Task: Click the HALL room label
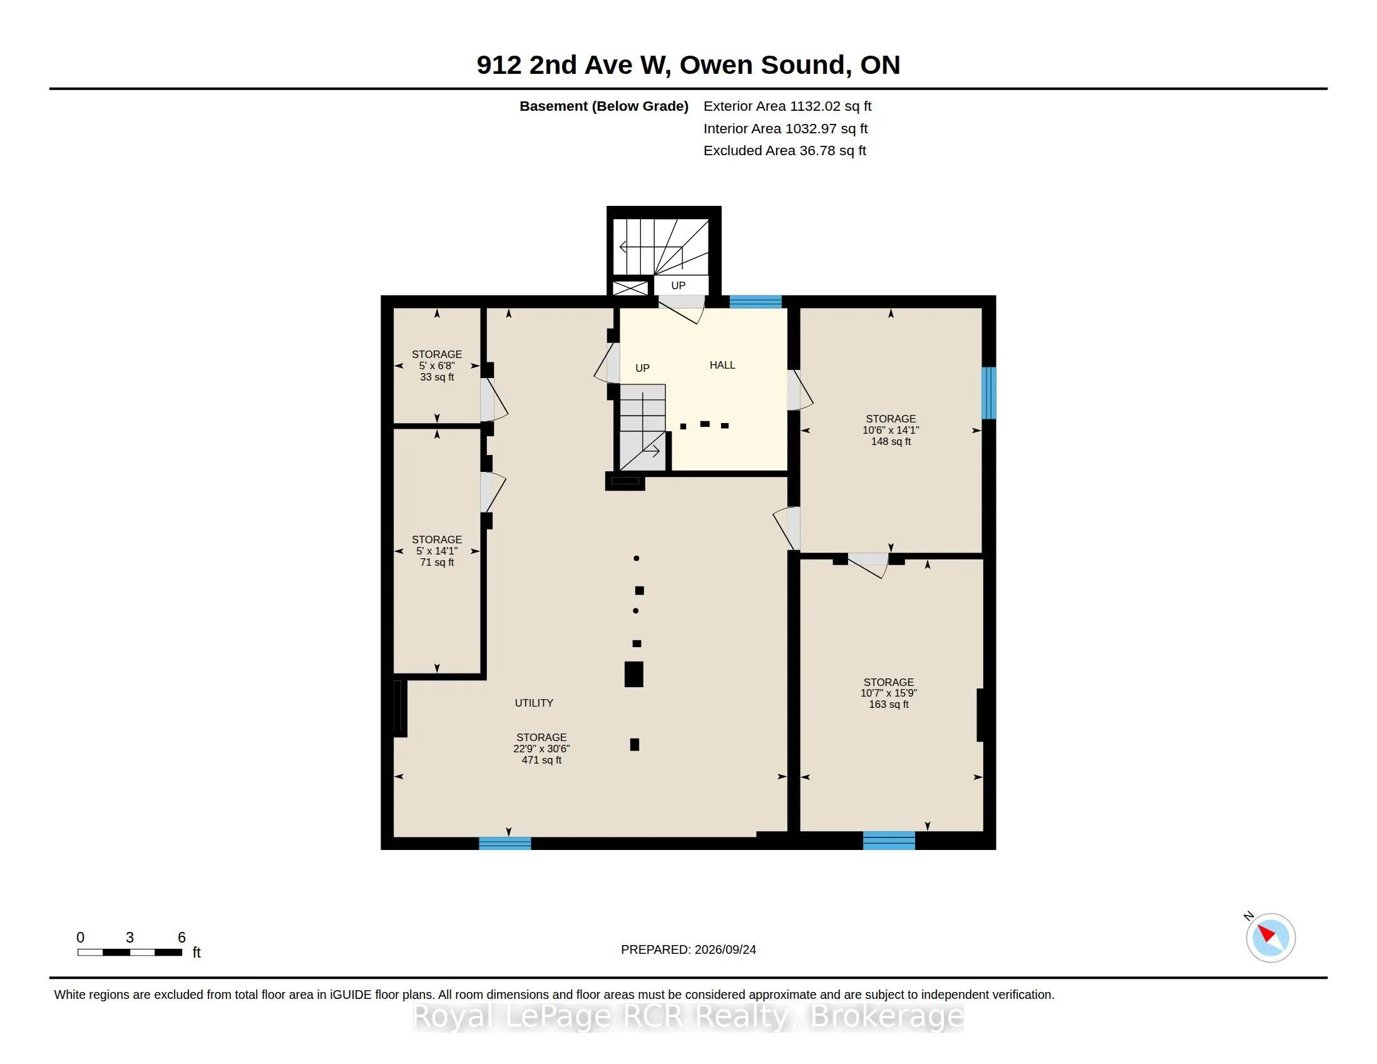click(722, 365)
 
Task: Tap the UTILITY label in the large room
click(534, 703)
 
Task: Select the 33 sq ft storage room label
click(437, 377)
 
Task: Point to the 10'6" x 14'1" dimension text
click(891, 430)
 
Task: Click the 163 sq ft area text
click(889, 704)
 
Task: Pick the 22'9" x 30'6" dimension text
click(541, 749)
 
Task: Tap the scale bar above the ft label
click(130, 952)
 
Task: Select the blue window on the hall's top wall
click(755, 301)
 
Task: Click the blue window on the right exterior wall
click(988, 392)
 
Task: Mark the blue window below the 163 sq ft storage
click(889, 840)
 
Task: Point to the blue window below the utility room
click(505, 844)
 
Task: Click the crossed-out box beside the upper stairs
click(630, 288)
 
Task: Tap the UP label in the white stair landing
click(678, 285)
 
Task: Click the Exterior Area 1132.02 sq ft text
click(787, 106)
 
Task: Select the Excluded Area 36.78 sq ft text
click(785, 151)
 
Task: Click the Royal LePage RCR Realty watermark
click(688, 1016)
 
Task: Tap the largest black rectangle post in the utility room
click(633, 674)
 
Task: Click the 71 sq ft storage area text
click(437, 562)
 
